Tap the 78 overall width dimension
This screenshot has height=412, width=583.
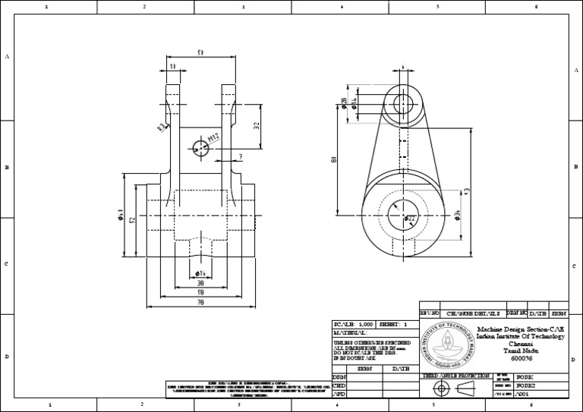(x=200, y=302)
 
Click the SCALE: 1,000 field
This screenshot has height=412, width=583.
(x=355, y=324)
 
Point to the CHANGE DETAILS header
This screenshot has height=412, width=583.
(x=472, y=313)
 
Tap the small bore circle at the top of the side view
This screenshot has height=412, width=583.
(x=403, y=102)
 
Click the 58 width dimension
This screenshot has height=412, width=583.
(x=200, y=291)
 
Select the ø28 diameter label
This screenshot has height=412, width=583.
(x=344, y=104)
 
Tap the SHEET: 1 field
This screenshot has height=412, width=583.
(x=394, y=324)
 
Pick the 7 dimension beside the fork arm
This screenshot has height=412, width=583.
(x=240, y=157)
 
